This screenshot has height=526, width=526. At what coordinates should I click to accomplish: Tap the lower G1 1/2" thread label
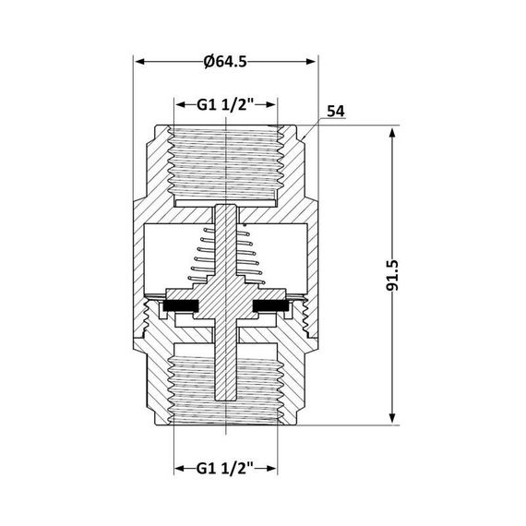(x=226, y=468)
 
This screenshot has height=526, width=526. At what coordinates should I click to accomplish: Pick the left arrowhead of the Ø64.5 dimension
(x=140, y=62)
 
